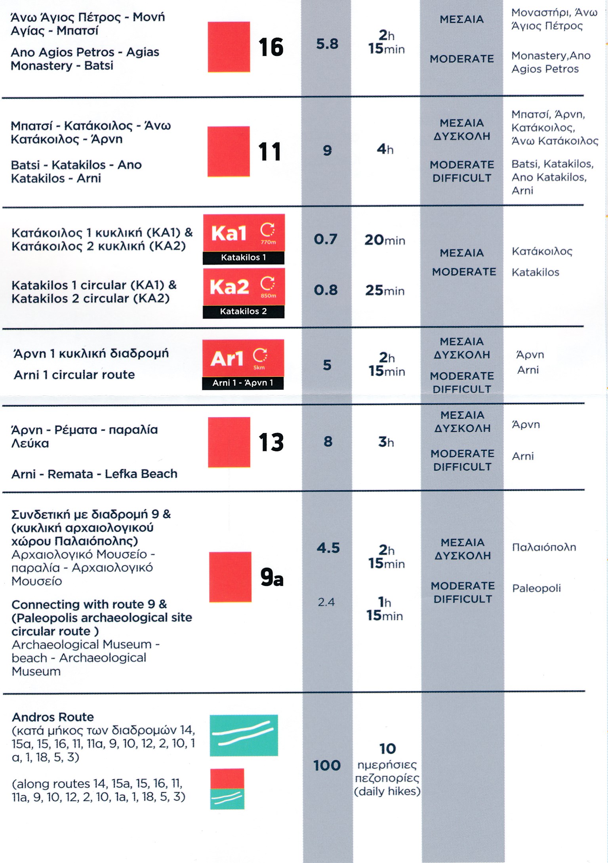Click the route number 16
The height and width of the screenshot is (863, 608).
click(271, 47)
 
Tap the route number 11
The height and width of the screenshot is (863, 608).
click(269, 152)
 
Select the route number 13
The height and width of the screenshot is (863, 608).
click(271, 442)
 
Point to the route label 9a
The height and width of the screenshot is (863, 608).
click(272, 577)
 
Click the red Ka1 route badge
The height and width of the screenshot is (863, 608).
click(244, 233)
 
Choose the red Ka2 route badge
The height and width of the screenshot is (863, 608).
click(244, 286)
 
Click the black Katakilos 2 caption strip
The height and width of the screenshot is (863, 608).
click(243, 311)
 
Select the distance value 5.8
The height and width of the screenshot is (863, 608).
click(327, 44)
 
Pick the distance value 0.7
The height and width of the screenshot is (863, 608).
click(325, 239)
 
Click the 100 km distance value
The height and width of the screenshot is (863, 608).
click(327, 765)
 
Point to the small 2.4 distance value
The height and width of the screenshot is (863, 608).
click(326, 602)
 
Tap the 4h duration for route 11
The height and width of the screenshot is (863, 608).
click(385, 149)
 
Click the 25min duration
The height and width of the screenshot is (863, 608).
click(385, 290)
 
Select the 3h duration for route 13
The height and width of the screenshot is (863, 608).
click(386, 441)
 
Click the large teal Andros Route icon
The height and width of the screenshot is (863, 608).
click(244, 735)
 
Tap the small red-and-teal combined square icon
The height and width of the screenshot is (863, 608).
click(227, 789)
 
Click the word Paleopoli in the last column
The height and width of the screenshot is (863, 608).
click(536, 588)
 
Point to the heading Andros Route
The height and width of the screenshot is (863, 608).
click(53, 717)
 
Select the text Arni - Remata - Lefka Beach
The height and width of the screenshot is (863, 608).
click(94, 474)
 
